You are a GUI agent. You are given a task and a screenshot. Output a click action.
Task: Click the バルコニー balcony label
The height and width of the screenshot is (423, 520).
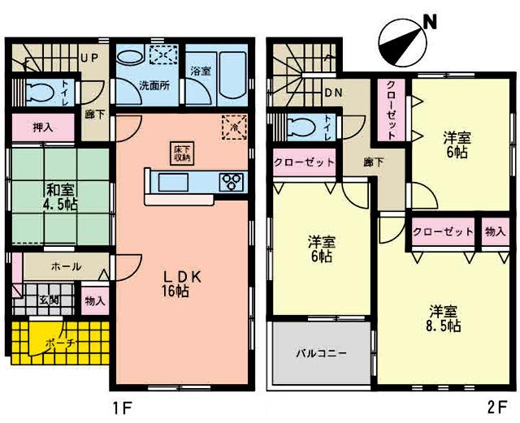tap(321, 355)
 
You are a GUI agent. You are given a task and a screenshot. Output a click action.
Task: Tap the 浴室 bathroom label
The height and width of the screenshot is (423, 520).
tap(199, 70)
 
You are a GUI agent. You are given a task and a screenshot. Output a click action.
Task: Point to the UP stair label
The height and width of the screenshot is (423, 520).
tap(89, 58)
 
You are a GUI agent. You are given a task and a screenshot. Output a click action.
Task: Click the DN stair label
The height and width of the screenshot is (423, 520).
tap(333, 92)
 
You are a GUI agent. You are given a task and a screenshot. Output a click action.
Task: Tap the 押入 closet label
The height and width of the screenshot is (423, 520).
tap(43, 127)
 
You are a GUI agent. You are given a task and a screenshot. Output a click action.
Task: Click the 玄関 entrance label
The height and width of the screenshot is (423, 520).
tap(48, 300)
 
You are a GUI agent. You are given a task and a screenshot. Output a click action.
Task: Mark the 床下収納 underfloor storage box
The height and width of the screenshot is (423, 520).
tap(180, 153)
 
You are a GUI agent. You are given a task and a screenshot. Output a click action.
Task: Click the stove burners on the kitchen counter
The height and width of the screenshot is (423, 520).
tap(230, 180)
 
